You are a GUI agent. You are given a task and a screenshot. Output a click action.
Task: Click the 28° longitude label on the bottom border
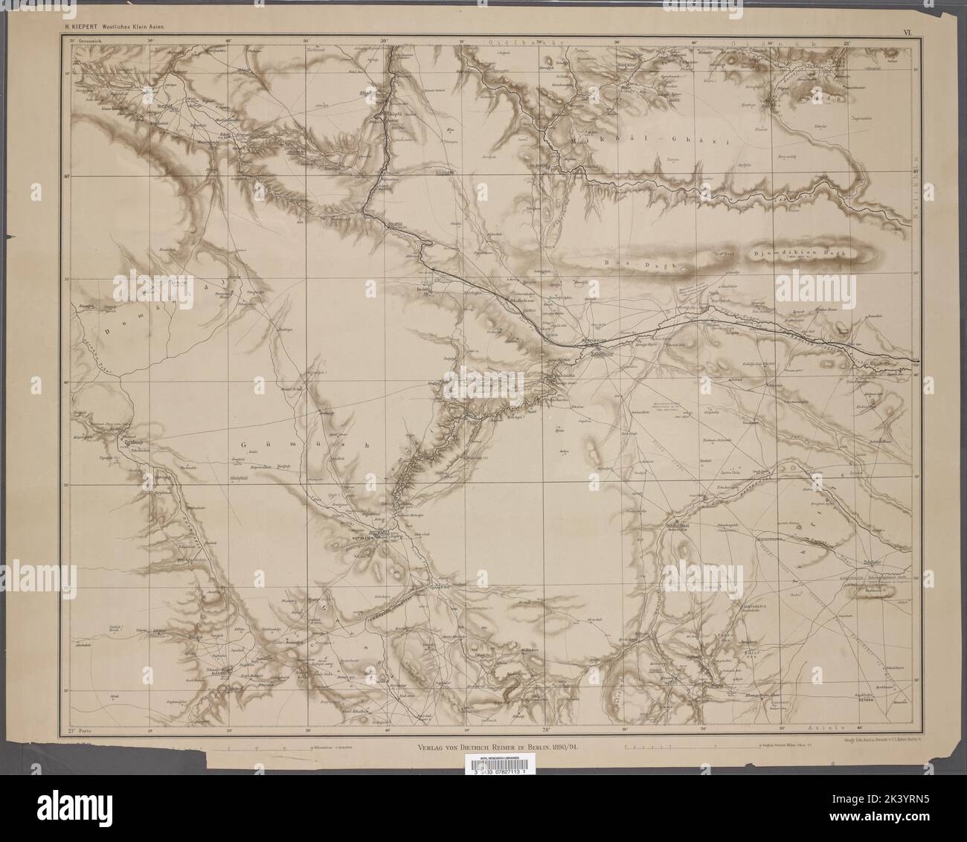[x=546, y=730]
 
